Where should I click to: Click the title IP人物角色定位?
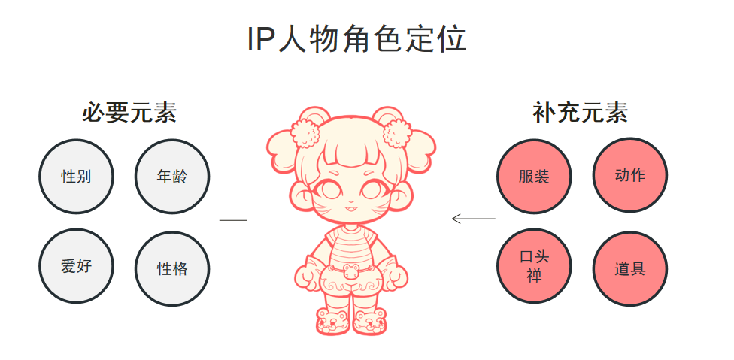click(356, 39)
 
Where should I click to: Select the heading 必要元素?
click(129, 113)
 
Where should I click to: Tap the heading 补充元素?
click(580, 113)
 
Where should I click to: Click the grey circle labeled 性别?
click(76, 177)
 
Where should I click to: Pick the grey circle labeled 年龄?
click(172, 177)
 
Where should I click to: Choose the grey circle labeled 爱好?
click(76, 266)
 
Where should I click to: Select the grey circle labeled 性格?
click(172, 268)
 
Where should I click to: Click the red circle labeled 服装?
click(534, 177)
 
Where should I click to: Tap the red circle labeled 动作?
click(630, 175)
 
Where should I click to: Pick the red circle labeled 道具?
click(630, 268)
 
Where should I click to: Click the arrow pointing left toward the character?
click(473, 219)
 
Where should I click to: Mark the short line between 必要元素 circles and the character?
click(232, 219)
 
